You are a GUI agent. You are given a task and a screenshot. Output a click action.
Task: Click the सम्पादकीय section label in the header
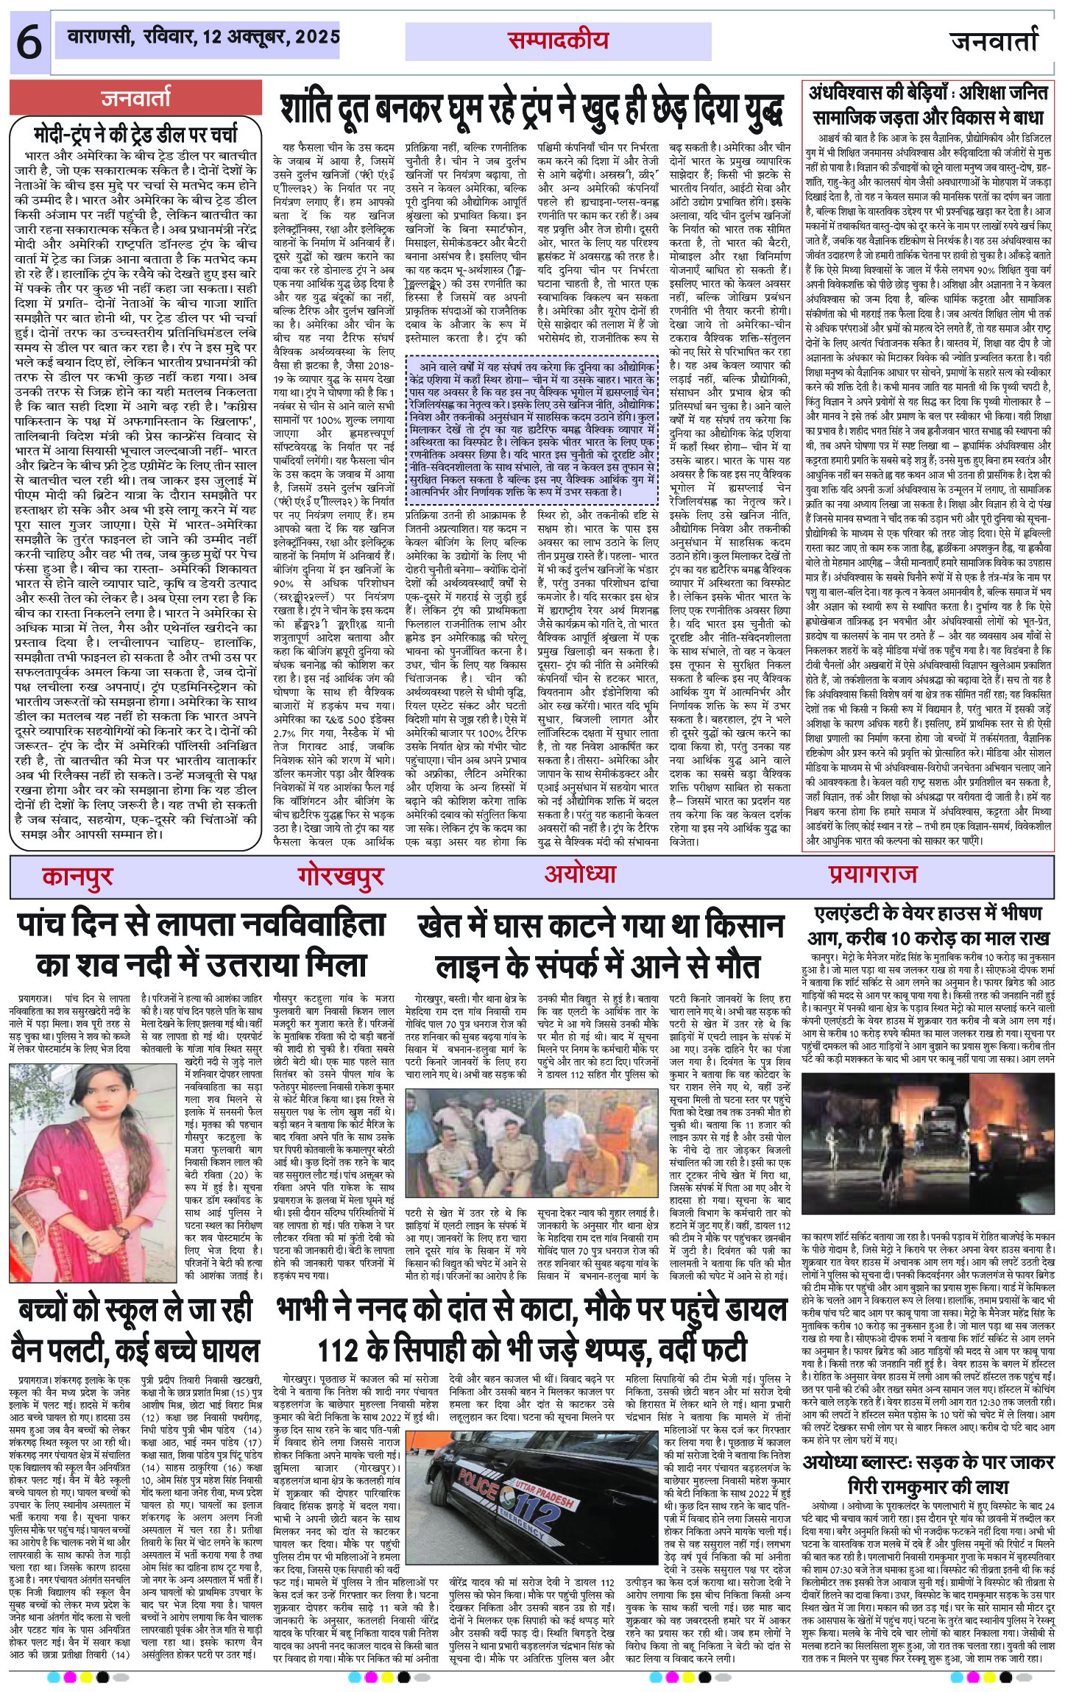[558, 41]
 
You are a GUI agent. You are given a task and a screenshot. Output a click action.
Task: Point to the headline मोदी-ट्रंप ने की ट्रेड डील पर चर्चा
[136, 135]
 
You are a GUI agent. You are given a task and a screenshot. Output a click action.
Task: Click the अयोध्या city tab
[580, 874]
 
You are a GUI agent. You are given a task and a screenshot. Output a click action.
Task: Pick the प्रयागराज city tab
[871, 874]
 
